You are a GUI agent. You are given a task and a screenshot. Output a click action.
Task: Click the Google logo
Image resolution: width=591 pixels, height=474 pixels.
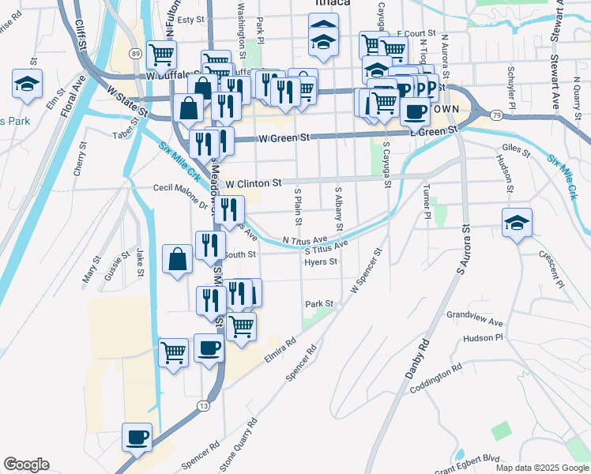26,465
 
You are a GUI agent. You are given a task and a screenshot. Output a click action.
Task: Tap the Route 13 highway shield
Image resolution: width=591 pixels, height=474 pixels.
204,405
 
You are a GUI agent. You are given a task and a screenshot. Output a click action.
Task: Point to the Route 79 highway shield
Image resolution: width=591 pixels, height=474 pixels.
495,116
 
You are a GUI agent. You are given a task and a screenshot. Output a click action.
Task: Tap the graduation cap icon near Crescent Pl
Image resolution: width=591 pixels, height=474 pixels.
517,224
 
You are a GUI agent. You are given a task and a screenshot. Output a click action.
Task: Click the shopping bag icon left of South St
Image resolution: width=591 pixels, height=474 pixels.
178,260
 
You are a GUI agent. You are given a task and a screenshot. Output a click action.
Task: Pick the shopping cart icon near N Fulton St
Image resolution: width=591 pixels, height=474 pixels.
161,55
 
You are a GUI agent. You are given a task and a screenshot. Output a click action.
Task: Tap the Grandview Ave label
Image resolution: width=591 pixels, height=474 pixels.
475,318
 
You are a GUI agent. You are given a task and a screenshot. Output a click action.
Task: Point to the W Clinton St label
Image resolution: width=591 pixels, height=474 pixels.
253,183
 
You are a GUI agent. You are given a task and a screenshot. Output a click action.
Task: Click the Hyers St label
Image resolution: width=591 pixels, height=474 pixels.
321,261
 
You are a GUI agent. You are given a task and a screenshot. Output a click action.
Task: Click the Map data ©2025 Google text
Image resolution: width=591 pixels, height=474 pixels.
541,468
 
